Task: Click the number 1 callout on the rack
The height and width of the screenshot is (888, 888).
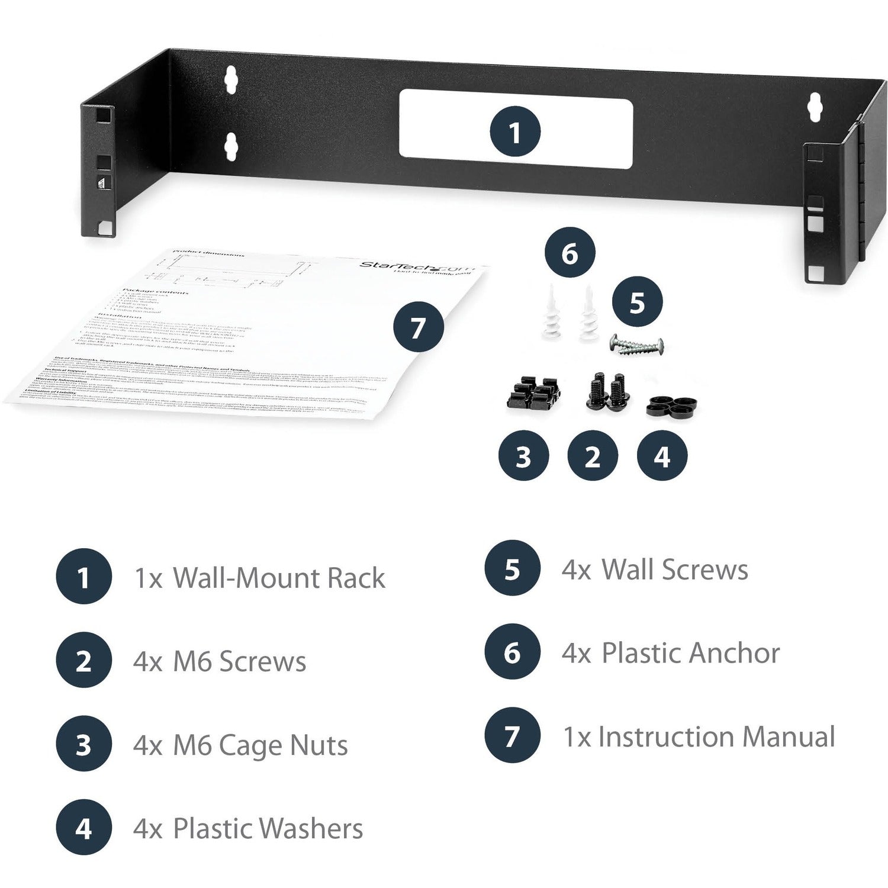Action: click(514, 131)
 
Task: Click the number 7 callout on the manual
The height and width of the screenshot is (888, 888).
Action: click(419, 327)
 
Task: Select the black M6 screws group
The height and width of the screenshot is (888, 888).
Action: click(606, 390)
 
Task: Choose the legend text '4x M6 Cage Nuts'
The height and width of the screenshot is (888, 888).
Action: click(240, 745)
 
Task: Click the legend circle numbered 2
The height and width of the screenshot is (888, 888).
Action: click(83, 661)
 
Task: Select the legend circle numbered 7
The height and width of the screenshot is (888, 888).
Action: click(512, 736)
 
